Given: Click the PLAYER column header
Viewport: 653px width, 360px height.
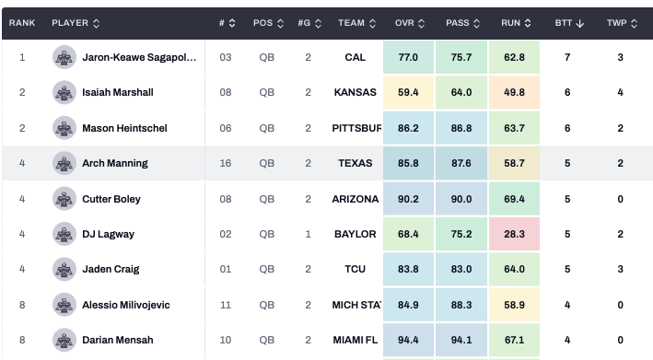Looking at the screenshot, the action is pyautogui.click(x=70, y=23).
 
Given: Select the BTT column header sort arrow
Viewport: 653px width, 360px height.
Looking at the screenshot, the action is pyautogui.click(x=579, y=23).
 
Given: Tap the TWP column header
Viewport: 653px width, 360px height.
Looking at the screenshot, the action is pyautogui.click(x=617, y=23).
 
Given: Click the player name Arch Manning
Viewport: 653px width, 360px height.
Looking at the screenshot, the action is pyautogui.click(x=115, y=163).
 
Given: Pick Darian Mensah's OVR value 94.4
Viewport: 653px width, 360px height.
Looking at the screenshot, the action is pyautogui.click(x=408, y=340).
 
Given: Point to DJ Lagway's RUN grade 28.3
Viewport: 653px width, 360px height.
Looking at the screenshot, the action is pyautogui.click(x=514, y=234).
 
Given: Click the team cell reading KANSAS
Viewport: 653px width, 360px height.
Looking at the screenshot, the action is pyautogui.click(x=356, y=92).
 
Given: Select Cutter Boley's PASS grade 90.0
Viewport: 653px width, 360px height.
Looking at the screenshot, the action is pyautogui.click(x=461, y=199).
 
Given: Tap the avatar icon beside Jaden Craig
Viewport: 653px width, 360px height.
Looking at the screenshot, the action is pyautogui.click(x=64, y=269).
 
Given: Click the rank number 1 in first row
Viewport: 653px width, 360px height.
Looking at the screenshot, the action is pyautogui.click(x=22, y=57).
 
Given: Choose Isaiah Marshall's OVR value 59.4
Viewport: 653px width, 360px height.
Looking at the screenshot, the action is pyautogui.click(x=408, y=92).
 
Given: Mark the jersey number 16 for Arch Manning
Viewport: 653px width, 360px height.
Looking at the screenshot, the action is pyautogui.click(x=226, y=163).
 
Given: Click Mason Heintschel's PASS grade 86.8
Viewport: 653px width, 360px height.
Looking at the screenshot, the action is pyautogui.click(x=461, y=128).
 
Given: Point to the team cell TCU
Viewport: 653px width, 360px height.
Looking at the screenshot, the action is pyautogui.click(x=356, y=269).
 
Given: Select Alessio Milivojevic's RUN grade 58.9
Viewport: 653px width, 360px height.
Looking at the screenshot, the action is pyautogui.click(x=514, y=305).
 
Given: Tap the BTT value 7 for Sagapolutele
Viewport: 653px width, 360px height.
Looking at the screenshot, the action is pyautogui.click(x=567, y=57).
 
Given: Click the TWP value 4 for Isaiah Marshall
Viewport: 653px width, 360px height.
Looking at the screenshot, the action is pyautogui.click(x=620, y=92).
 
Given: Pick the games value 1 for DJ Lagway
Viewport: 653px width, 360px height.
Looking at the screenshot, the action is pyautogui.click(x=309, y=234).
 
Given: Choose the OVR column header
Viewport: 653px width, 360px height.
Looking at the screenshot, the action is pyautogui.click(x=404, y=23).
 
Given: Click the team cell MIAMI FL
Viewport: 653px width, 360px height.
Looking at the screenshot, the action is pyautogui.click(x=356, y=340).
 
